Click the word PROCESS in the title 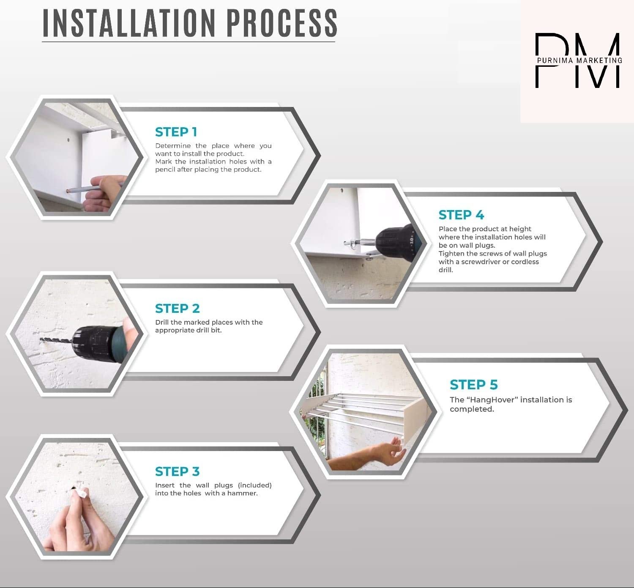(x=282, y=23)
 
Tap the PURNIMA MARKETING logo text (x=579, y=60)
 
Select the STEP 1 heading (x=176, y=132)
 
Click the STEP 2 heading (x=177, y=309)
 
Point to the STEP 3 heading (x=177, y=471)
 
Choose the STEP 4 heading (x=461, y=215)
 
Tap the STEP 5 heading (x=474, y=385)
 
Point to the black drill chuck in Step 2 (x=93, y=344)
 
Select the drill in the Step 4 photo (x=396, y=242)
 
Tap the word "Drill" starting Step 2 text (x=162, y=322)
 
